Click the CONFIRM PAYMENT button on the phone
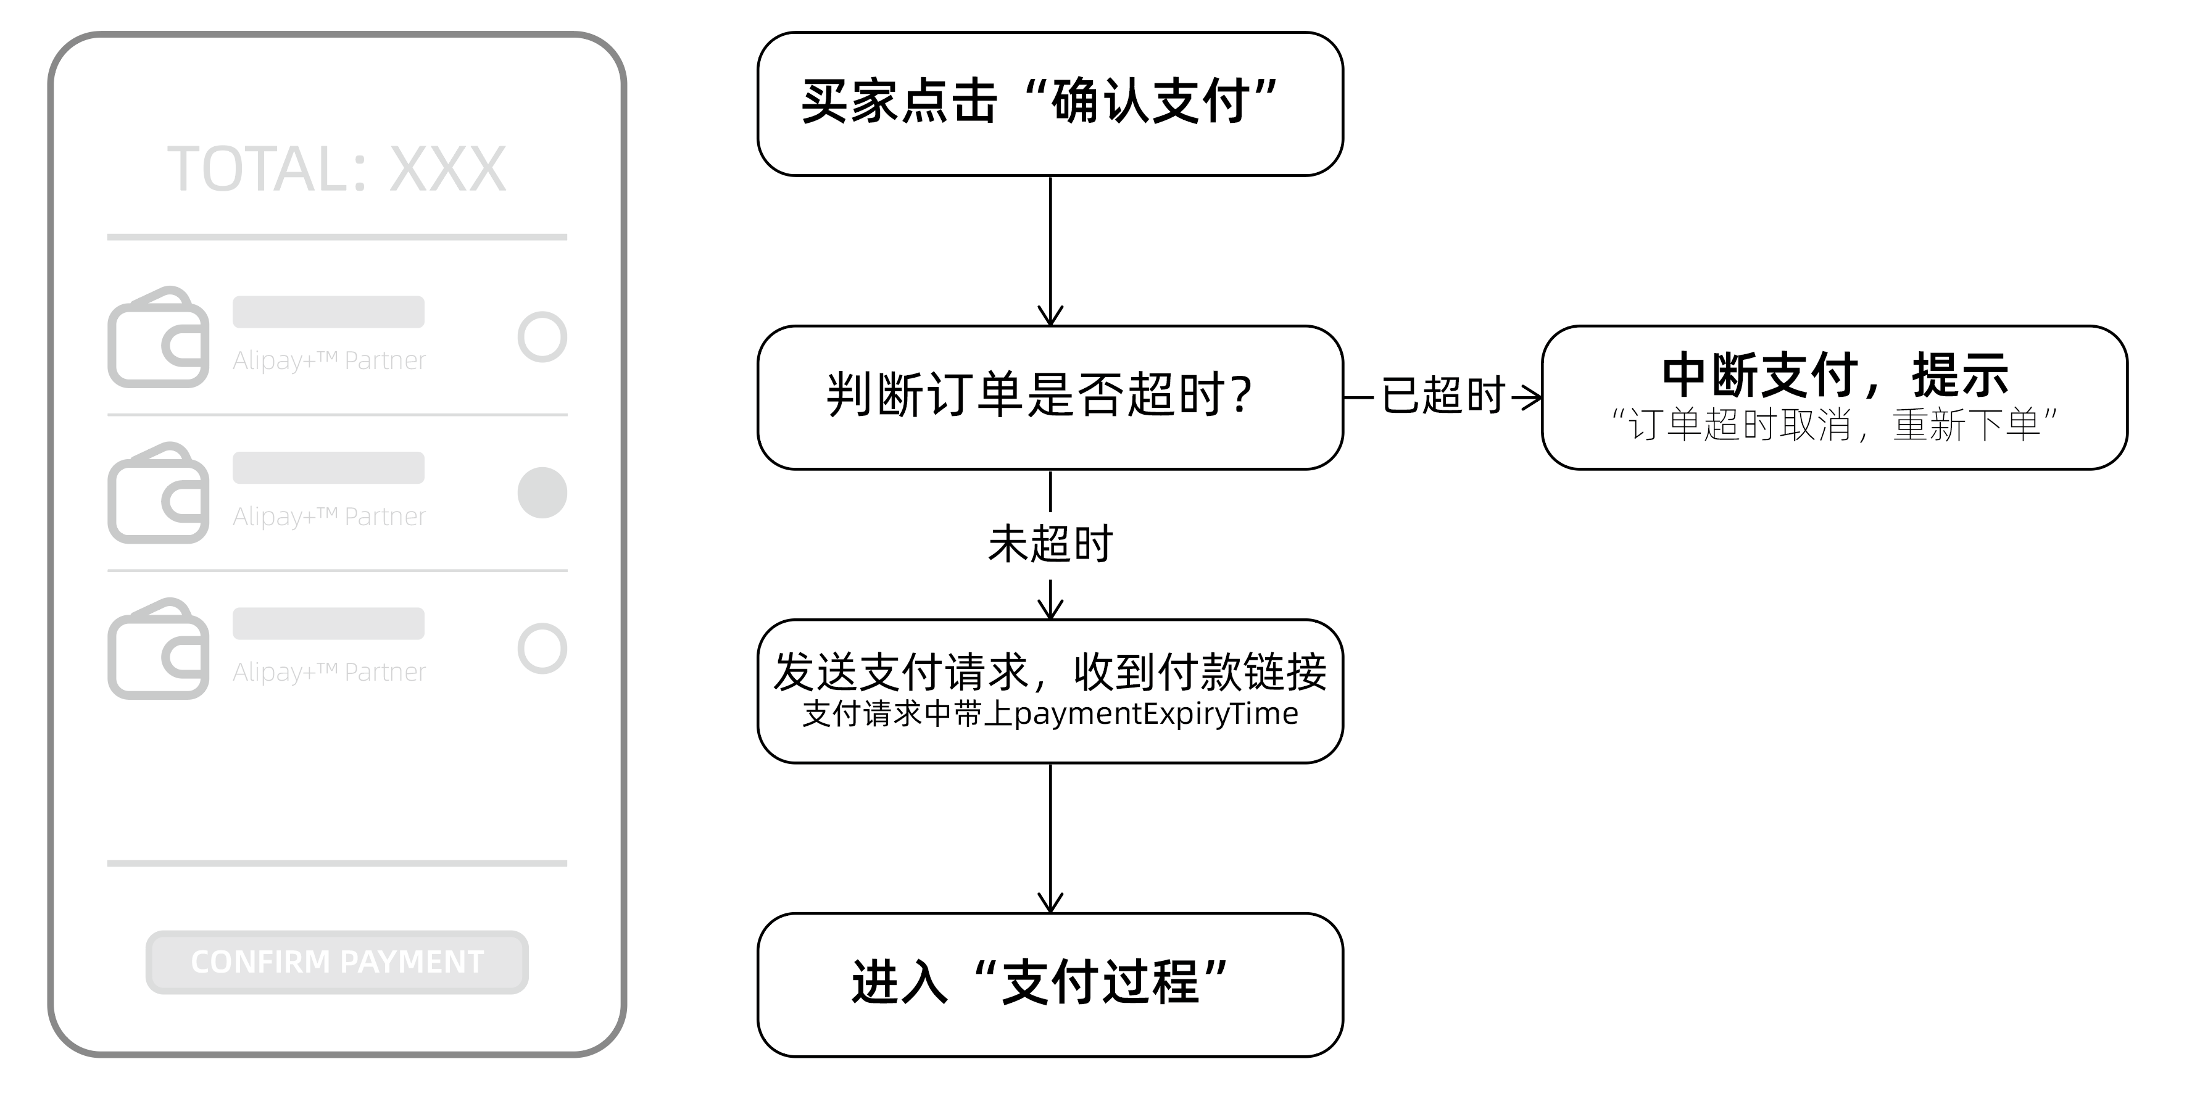click(337, 962)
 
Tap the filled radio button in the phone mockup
click(542, 492)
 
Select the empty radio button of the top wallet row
click(542, 337)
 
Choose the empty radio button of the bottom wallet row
click(542, 648)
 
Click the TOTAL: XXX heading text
click(337, 169)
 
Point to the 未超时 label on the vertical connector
click(1050, 544)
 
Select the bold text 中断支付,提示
click(1835, 375)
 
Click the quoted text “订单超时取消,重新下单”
click(1835, 425)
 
